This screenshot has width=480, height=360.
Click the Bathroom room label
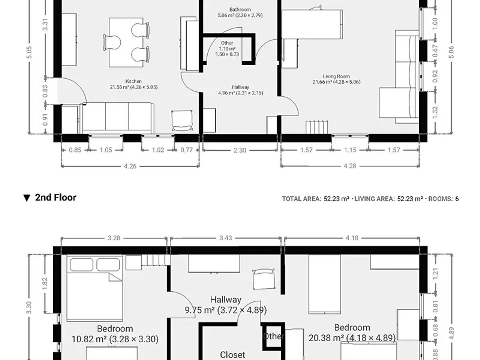[240, 10]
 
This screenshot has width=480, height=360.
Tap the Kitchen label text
[133, 81]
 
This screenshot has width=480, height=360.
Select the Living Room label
[336, 76]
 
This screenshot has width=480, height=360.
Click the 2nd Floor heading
[56, 198]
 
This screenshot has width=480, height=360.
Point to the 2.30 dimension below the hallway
[240, 150]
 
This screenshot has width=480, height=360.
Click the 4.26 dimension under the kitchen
[130, 166]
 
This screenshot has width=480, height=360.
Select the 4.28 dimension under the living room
[350, 166]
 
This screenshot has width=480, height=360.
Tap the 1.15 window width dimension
[350, 150]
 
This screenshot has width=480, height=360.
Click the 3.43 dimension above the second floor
[226, 238]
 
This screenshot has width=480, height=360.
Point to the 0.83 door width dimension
[45, 91]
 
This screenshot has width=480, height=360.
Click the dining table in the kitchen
[126, 42]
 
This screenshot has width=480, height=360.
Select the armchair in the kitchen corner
[182, 120]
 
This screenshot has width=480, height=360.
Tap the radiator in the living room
[317, 127]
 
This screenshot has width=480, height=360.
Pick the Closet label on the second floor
[232, 355]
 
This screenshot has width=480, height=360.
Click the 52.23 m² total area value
[336, 199]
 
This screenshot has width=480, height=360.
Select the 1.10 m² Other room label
[227, 48]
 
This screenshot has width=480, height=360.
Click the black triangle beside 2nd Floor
[27, 198]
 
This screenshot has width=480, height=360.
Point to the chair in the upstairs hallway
[264, 279]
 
